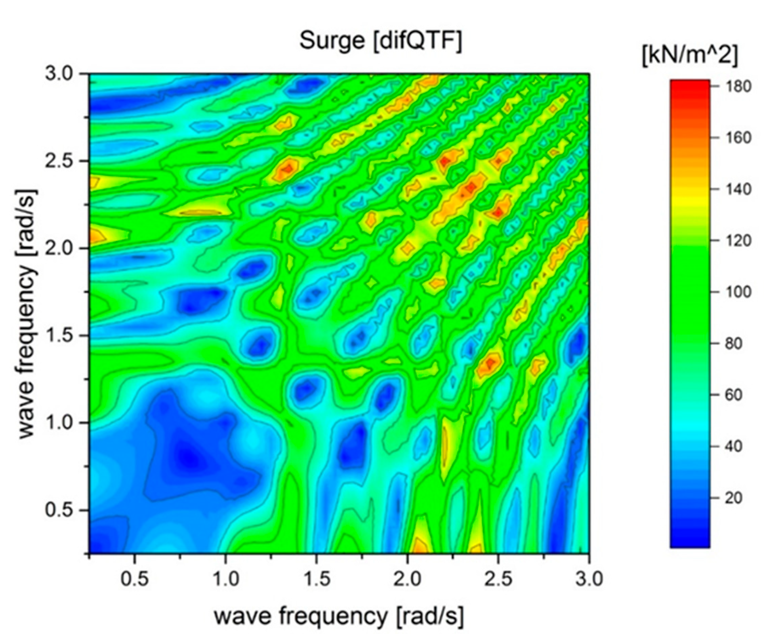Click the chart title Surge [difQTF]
coord(380,41)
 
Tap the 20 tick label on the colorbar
coord(729,498)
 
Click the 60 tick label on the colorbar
coord(729,395)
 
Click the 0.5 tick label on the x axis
coord(135,579)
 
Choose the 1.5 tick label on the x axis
coord(316,579)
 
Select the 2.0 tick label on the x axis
coord(408,579)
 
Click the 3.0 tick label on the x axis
coord(589,579)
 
